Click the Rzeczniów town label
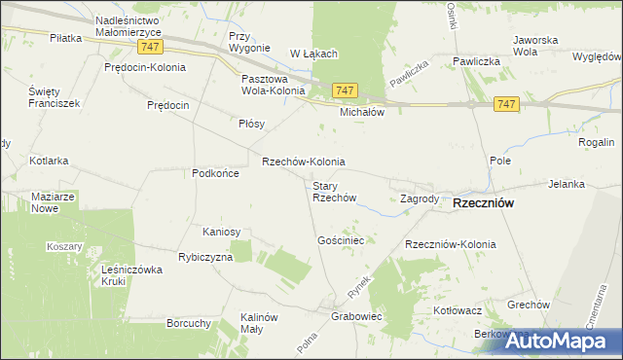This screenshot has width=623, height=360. pos(484,203)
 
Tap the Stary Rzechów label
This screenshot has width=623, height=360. pos(334,192)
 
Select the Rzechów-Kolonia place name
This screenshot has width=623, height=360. pos(304,162)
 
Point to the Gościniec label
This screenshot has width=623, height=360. pos(341,239)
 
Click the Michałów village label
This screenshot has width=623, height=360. pos(362,112)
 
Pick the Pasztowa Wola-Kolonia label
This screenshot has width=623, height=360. pos(272,86)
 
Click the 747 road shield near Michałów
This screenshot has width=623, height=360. pos(345,90)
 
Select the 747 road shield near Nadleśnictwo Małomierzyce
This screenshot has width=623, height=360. pos(149,47)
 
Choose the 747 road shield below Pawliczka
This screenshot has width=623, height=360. pos(505,104)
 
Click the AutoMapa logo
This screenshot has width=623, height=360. pos(562,341)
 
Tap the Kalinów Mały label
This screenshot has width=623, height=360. pos(260,323)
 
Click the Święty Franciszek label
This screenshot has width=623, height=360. pos(54,96)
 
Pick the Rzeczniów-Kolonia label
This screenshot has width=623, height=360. pos(450,244)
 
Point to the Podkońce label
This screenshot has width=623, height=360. pos(215,172)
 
